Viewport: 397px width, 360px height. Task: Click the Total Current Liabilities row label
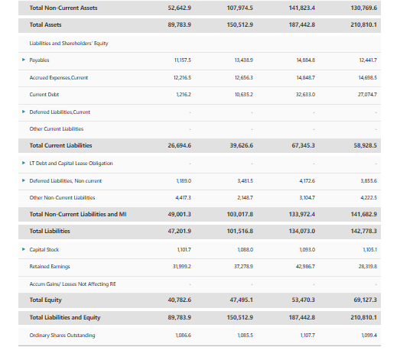(x=60, y=145)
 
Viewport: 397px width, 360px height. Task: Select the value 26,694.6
(x=178, y=145)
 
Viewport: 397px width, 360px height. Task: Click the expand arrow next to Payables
(x=23, y=59)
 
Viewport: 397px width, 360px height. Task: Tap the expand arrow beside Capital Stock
(x=23, y=248)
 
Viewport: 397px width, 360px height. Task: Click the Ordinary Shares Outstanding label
(x=62, y=334)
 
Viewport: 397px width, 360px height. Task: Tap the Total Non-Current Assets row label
(x=63, y=8)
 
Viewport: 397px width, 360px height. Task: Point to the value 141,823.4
(x=304, y=8)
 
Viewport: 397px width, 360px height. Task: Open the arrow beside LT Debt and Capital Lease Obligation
(x=23, y=163)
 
